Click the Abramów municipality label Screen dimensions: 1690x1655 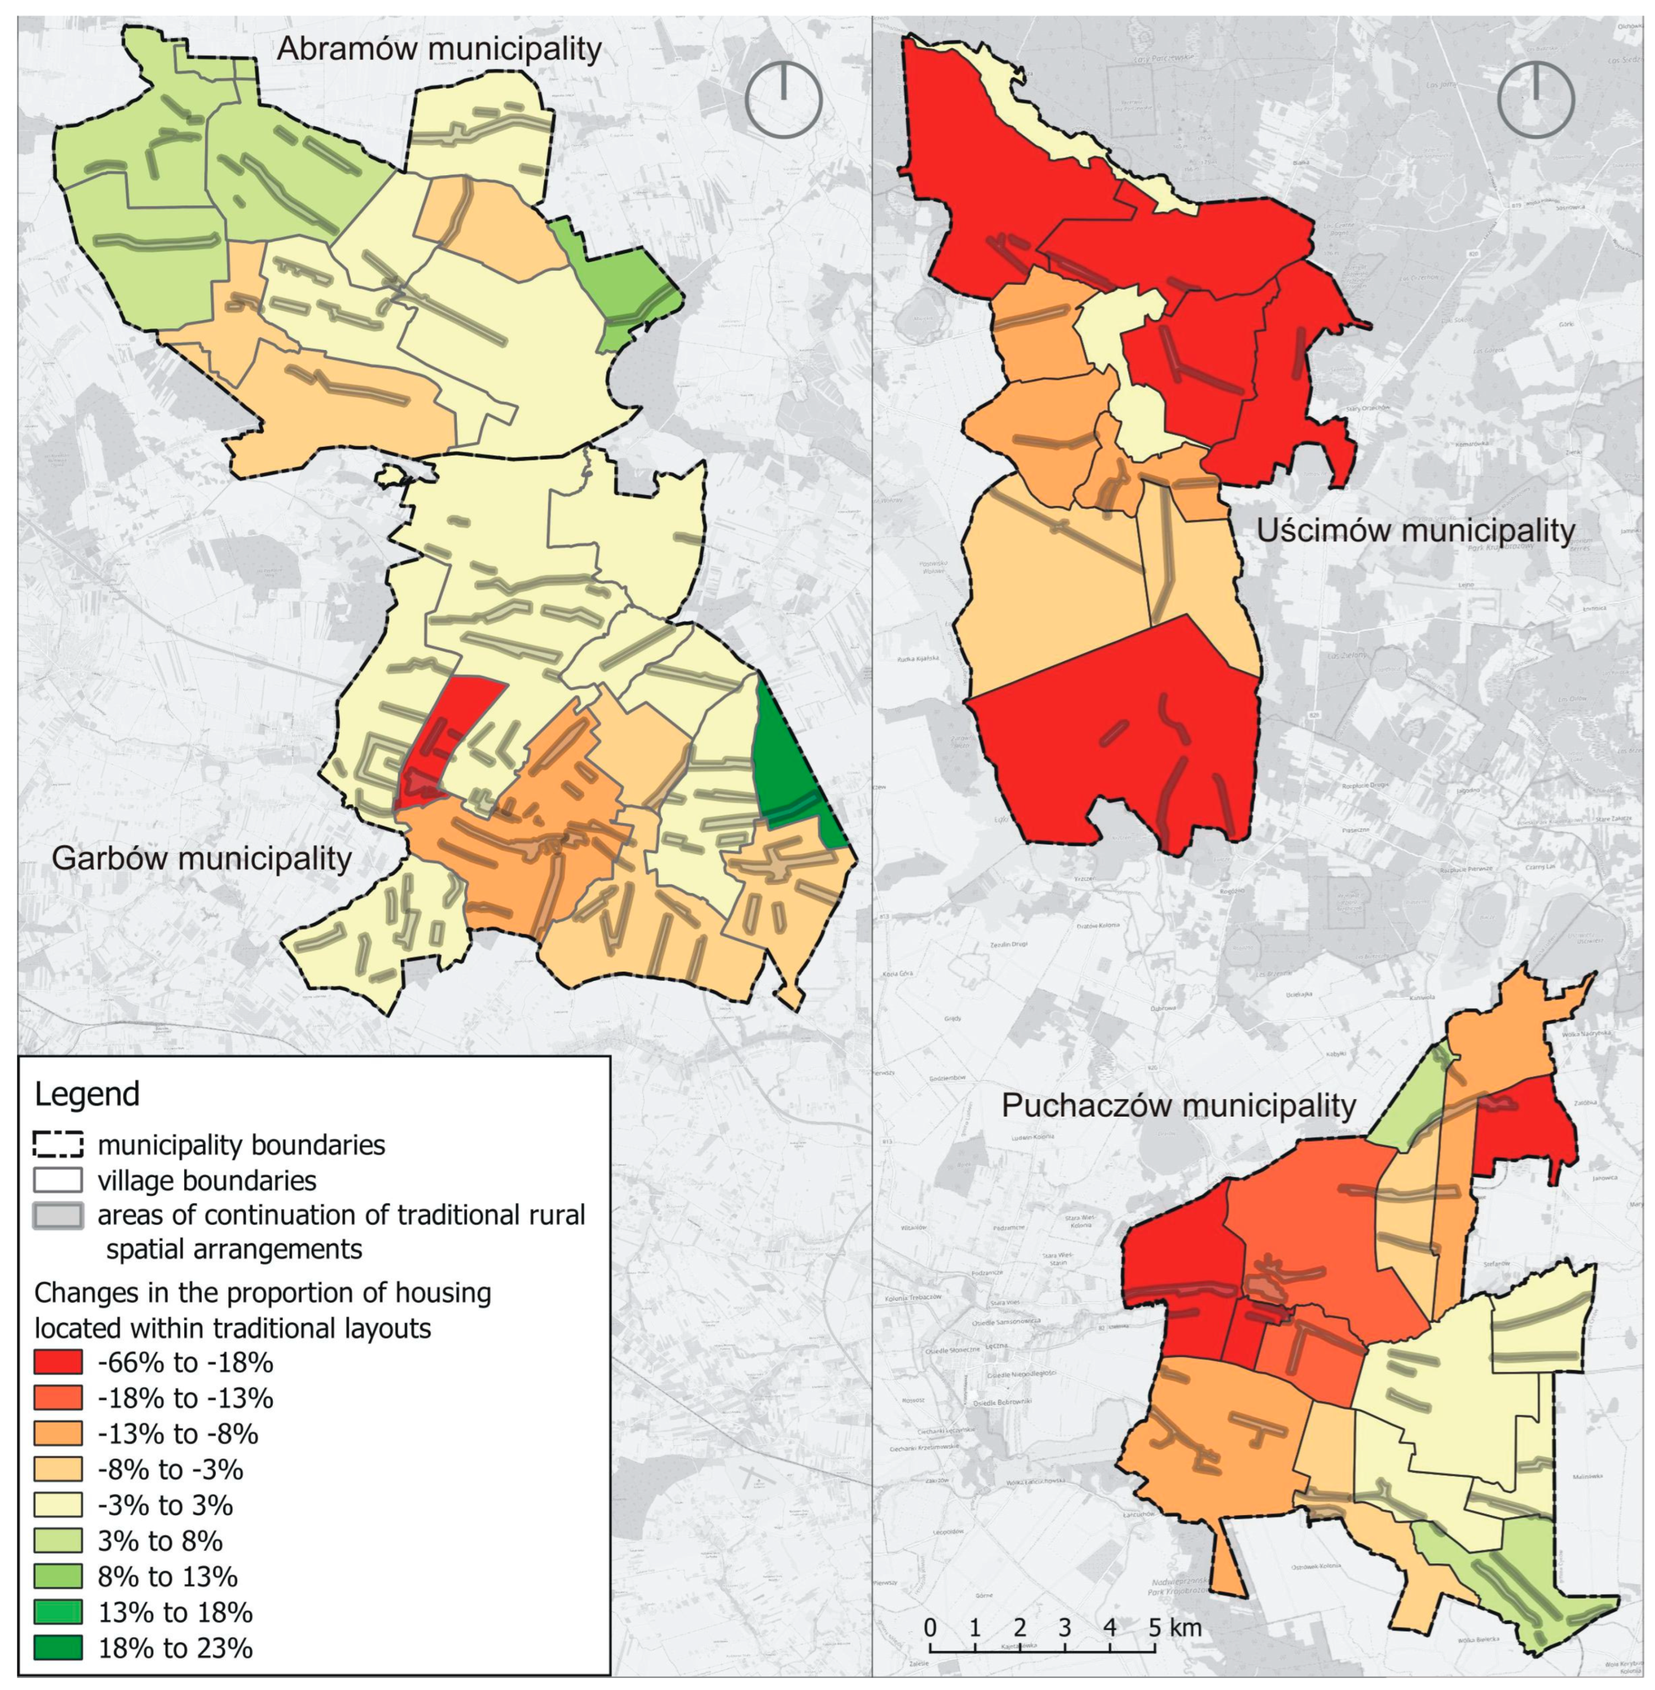(439, 50)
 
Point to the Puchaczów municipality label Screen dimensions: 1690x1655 (1179, 1105)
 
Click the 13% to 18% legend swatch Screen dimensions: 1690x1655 (58, 1612)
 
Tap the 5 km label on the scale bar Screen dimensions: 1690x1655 (1177, 1626)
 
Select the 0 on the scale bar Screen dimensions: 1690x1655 (930, 1626)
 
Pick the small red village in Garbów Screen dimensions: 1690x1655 (443, 738)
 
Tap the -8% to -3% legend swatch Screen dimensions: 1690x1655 (58, 1469)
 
